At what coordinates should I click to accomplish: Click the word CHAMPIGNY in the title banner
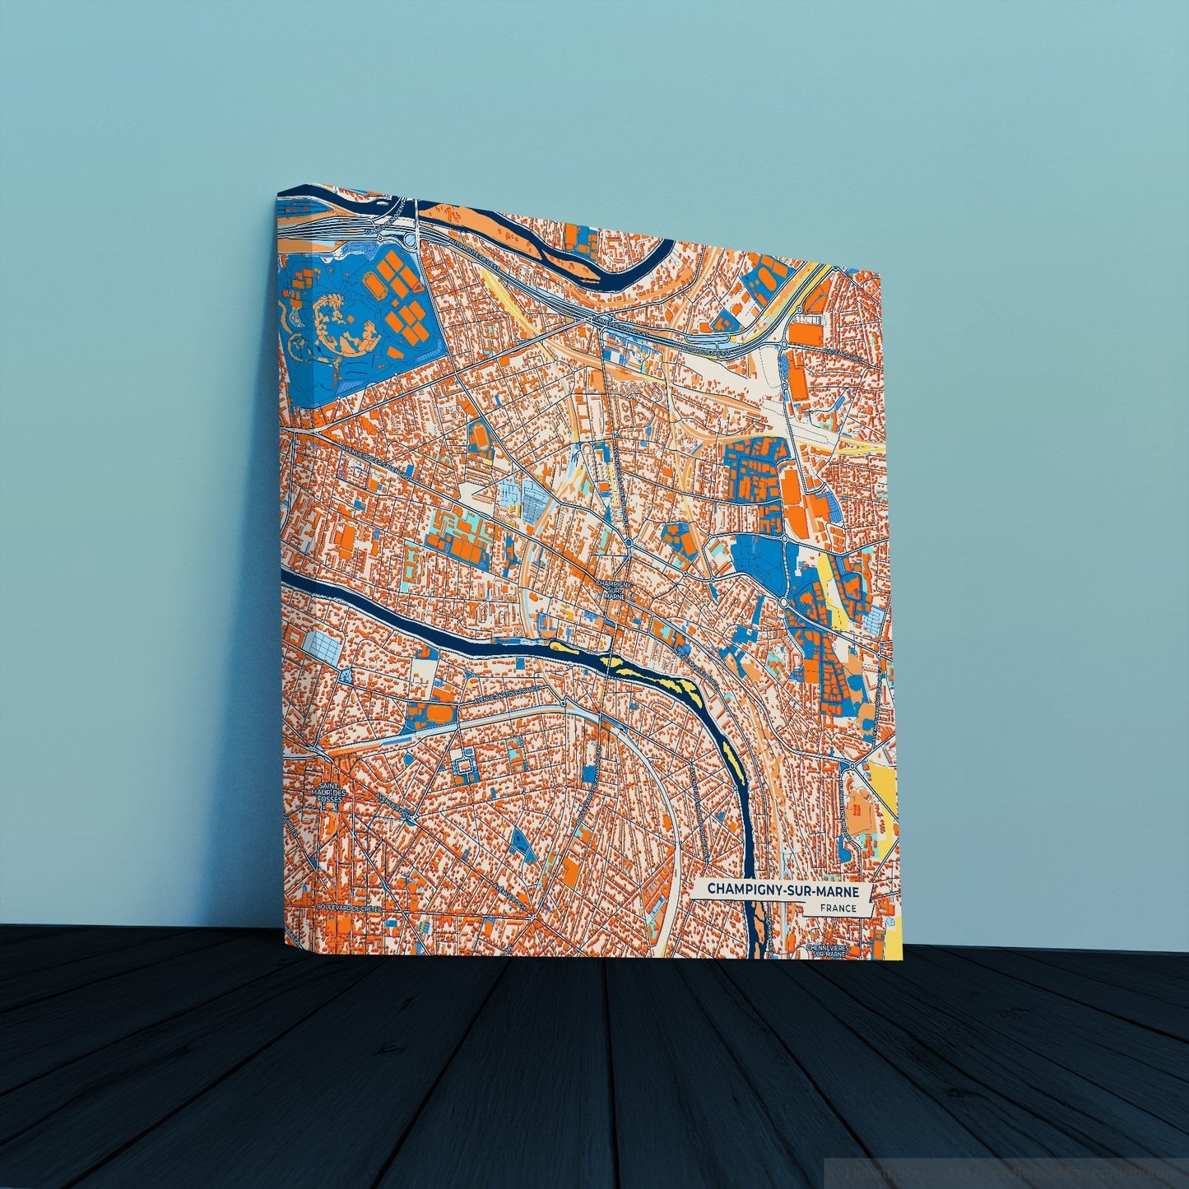738,891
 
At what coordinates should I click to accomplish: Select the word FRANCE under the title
838,908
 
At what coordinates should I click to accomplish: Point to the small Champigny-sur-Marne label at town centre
615,589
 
